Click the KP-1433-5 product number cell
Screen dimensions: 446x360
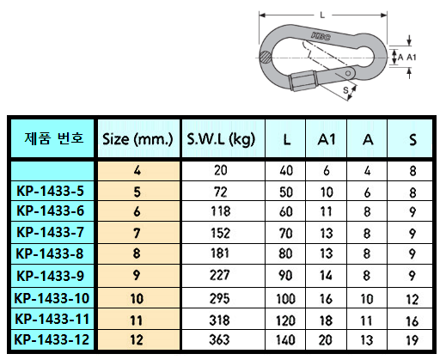(x=51, y=191)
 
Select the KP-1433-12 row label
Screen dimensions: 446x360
(x=52, y=340)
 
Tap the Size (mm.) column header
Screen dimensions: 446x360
(x=137, y=139)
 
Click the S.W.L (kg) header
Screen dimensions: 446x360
(x=221, y=139)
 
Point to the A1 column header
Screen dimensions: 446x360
(x=327, y=140)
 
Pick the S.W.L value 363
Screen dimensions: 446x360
(x=219, y=340)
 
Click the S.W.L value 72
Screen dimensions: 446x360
(x=221, y=192)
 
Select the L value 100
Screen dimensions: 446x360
(x=285, y=299)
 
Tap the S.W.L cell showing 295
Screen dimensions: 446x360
(x=219, y=299)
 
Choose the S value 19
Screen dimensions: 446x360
(x=412, y=340)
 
